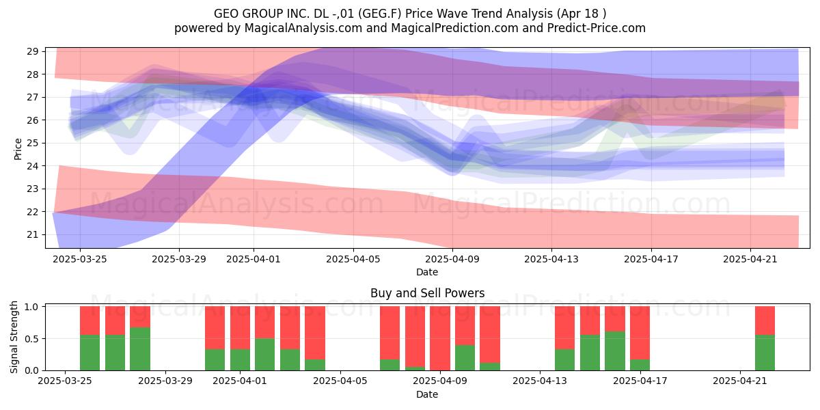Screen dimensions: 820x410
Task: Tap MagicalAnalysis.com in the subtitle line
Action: [303, 28]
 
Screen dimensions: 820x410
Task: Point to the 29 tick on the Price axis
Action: [33, 51]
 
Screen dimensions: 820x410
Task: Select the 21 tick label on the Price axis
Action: [33, 234]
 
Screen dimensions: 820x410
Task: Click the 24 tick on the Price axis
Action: [33, 166]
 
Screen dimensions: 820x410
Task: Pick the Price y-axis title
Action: [18, 149]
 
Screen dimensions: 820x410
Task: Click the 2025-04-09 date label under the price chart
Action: [452, 259]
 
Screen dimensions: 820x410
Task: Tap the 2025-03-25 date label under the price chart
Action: [80, 259]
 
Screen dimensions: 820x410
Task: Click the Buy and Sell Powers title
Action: [427, 293]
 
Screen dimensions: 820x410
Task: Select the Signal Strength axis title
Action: [14, 337]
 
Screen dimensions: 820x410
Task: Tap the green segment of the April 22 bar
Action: [765, 353]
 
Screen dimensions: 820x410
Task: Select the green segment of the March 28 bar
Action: [140, 348]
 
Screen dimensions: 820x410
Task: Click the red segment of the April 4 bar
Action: [315, 333]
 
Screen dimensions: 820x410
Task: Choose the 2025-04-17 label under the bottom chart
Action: [640, 381]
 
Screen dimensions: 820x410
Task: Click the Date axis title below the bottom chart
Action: [427, 394]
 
